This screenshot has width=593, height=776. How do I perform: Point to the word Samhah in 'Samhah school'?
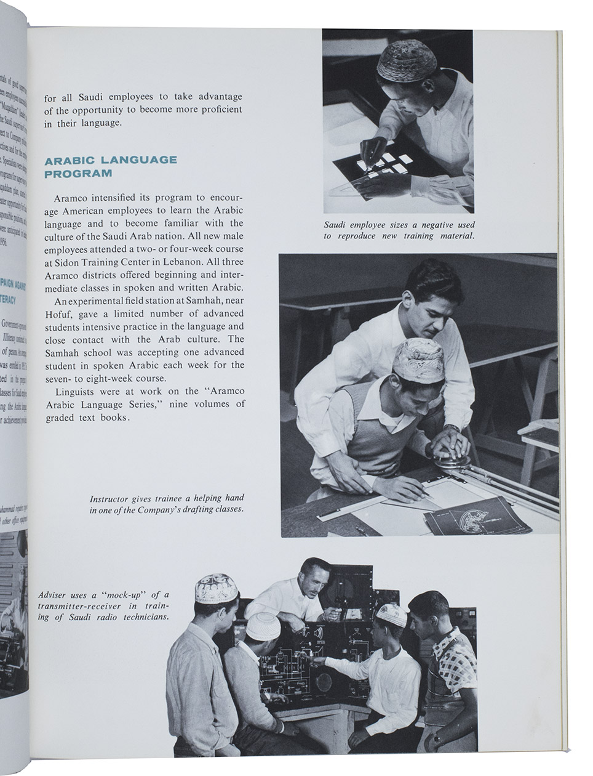pyautogui.click(x=65, y=352)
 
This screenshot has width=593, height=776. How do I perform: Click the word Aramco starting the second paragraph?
pyautogui.click(x=73, y=198)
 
